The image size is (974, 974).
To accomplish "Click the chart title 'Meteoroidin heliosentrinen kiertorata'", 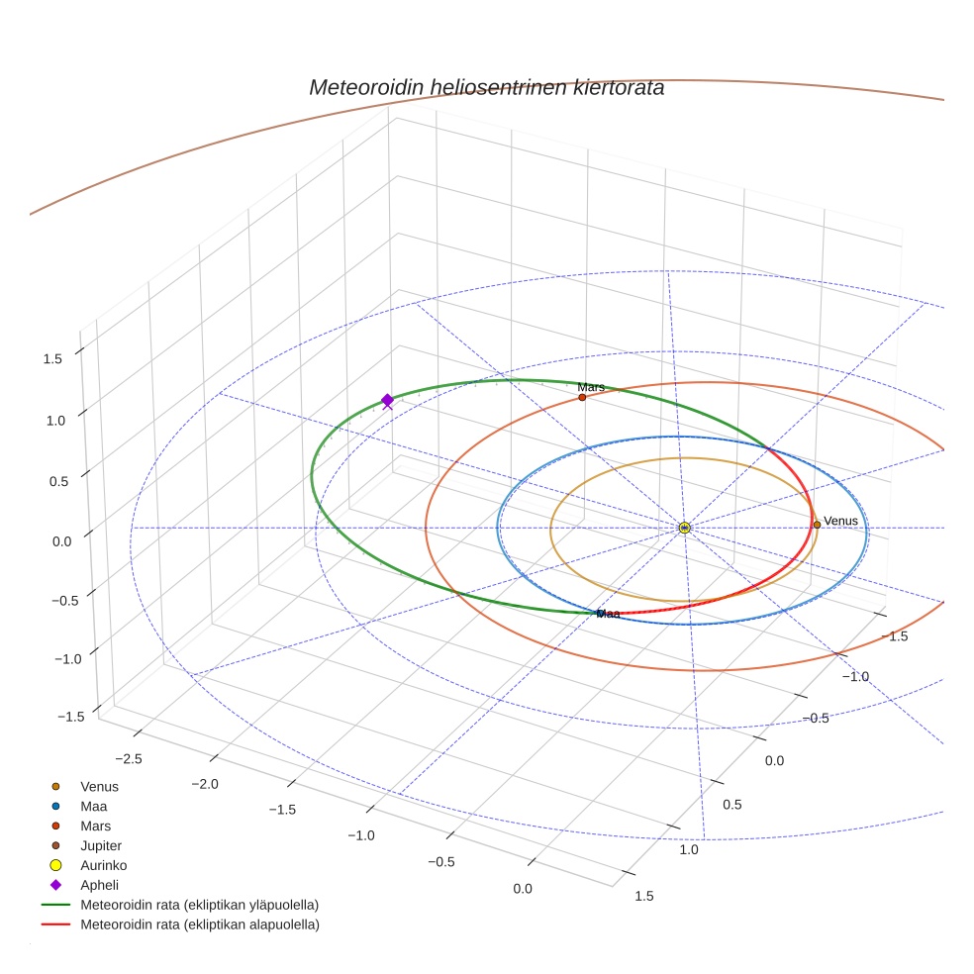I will pos(486,87).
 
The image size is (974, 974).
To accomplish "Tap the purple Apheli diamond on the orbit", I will pos(387,399).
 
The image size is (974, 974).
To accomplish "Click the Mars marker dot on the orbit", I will pos(582,398).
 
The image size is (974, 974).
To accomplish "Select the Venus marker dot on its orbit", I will pos(817,525).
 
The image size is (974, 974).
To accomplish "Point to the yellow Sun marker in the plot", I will pos(684,528).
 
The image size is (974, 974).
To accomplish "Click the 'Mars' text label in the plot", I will pos(591,387).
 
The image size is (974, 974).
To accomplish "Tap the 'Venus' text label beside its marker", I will pos(840,521).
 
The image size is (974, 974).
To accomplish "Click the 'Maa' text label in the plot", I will pos(608,614).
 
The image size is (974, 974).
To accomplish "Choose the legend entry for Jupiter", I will pos(100,845).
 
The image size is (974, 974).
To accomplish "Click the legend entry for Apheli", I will pos(99,885).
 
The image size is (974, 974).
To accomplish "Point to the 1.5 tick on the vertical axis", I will pos(53,357).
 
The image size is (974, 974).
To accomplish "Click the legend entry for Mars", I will pos(95,826).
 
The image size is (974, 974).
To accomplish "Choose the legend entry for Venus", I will pos(99,786).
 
